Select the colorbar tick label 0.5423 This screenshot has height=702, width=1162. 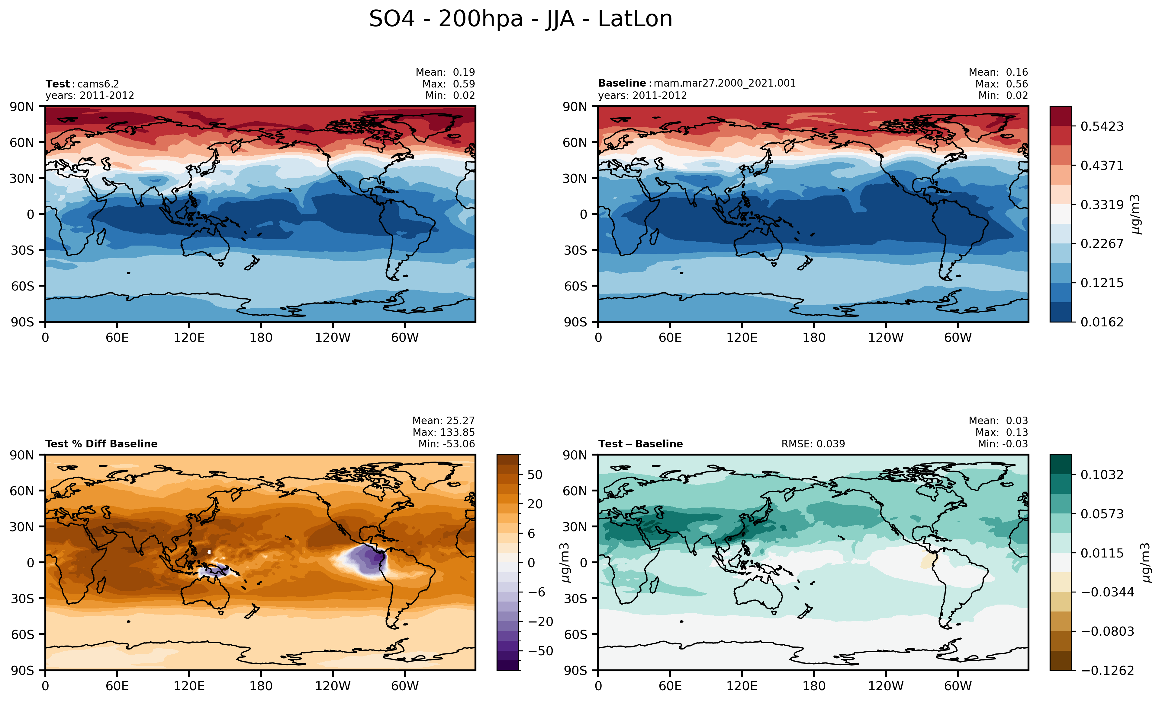(1102, 126)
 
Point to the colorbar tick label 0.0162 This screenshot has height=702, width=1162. (1102, 322)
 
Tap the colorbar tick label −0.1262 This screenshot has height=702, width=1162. (1107, 670)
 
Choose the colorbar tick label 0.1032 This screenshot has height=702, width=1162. (1102, 475)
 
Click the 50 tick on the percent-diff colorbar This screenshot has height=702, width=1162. (534, 475)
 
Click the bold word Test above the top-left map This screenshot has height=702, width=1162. (57, 84)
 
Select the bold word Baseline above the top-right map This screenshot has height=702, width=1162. (622, 83)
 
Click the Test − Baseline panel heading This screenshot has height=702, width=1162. (640, 444)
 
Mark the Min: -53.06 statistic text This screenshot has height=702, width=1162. (446, 444)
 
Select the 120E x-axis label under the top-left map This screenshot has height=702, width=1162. (189, 338)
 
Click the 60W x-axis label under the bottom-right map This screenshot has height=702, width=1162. (958, 686)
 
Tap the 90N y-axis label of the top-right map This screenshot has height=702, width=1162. (575, 107)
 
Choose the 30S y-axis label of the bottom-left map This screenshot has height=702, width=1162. (22, 599)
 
